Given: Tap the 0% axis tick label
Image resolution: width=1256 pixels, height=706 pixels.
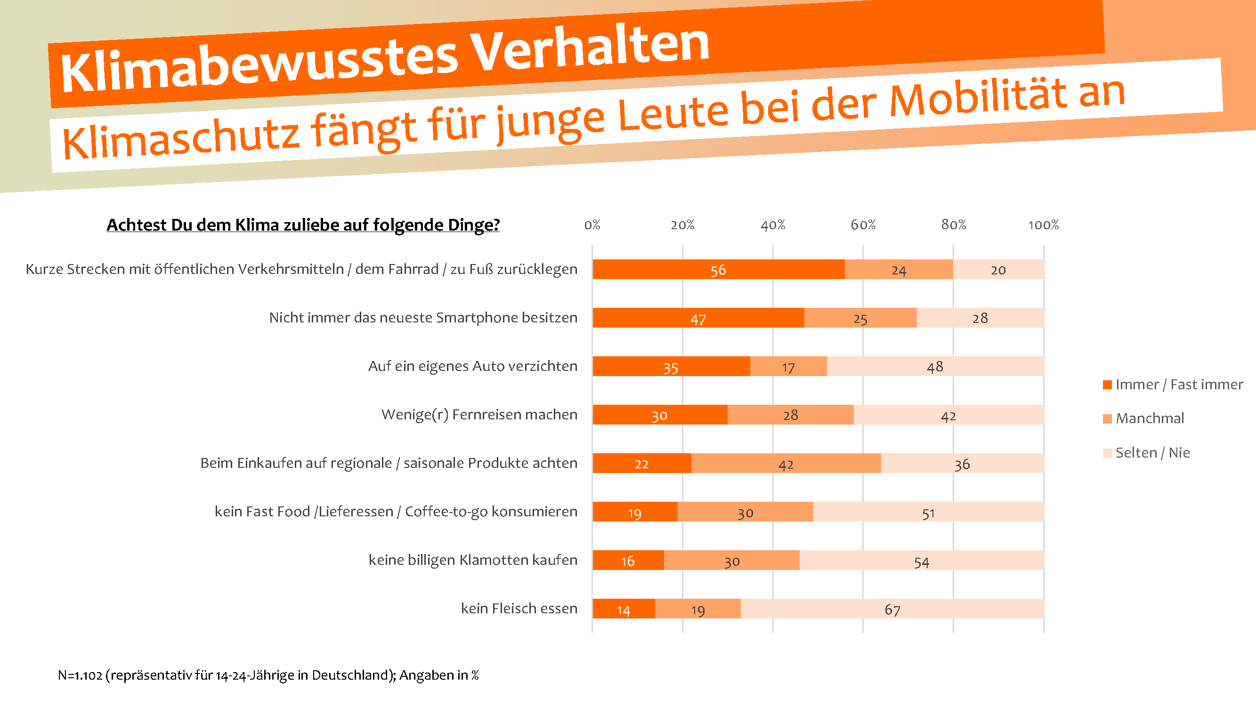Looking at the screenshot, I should pyautogui.click(x=592, y=225).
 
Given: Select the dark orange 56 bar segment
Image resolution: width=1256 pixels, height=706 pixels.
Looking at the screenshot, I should pyautogui.click(x=718, y=269).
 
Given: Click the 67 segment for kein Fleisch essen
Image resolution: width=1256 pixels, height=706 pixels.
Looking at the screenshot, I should pyautogui.click(x=892, y=609).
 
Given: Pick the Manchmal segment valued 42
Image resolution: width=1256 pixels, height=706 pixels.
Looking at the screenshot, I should pyautogui.click(x=786, y=463).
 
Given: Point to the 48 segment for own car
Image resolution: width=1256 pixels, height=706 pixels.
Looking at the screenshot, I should pyautogui.click(x=935, y=366).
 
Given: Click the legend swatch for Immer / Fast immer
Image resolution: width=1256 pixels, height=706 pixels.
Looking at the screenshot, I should pyautogui.click(x=1107, y=385).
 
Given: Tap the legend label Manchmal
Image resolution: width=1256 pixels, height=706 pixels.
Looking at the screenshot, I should pyautogui.click(x=1150, y=418).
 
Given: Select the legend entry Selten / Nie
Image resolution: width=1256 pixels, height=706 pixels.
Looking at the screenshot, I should pyautogui.click(x=1152, y=453).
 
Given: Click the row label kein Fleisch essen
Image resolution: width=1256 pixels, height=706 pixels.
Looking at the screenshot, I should pyautogui.click(x=519, y=609).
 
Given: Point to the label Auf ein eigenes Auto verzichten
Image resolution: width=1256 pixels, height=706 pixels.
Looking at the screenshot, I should pyautogui.click(x=472, y=366).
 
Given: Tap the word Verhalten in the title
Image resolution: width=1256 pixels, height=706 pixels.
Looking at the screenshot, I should pyautogui.click(x=591, y=49).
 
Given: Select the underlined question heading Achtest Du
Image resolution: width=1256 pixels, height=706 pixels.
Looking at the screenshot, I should pyautogui.click(x=303, y=225).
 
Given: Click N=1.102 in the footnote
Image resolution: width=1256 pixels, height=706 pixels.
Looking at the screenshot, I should pyautogui.click(x=80, y=675).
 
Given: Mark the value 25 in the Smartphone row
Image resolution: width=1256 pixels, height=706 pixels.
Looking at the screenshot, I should pyautogui.click(x=860, y=319).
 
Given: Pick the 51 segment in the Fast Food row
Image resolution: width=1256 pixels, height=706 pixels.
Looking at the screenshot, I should pyautogui.click(x=928, y=513).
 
